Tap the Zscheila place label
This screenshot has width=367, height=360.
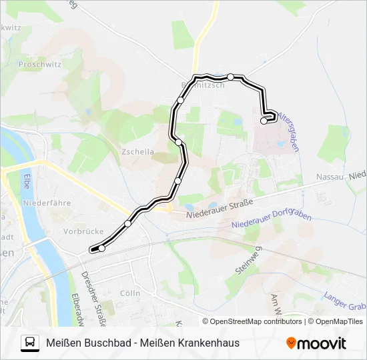click(x=138, y=152)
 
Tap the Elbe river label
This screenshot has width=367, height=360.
click(x=27, y=181)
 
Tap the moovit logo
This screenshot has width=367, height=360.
click(x=316, y=343)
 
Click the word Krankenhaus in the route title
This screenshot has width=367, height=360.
click(x=208, y=343)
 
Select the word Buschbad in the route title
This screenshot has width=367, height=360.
click(x=109, y=343)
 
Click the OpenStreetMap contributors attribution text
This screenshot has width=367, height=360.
click(x=256, y=321)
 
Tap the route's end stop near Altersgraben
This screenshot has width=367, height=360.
click(x=264, y=121)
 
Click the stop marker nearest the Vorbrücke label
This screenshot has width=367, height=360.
click(x=101, y=249)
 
